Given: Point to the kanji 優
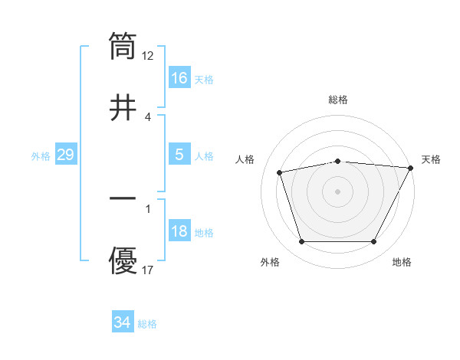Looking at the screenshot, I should click(x=123, y=260).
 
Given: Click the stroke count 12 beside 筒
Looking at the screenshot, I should click(x=148, y=55).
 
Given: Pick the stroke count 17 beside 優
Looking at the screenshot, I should click(x=148, y=270).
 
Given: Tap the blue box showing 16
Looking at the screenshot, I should click(x=179, y=77).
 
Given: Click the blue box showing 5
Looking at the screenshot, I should click(x=179, y=154).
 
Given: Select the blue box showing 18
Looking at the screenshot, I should click(x=179, y=231).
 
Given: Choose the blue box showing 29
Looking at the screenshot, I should click(x=65, y=155).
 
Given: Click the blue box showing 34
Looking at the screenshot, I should click(x=123, y=322).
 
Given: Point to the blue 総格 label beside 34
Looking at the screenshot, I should click(x=147, y=324).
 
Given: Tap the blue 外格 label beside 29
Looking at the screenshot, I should click(x=41, y=155).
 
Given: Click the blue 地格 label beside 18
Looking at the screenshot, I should click(x=204, y=232).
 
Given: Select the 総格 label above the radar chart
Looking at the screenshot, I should click(x=338, y=100).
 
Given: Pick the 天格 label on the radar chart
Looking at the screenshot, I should click(x=431, y=159).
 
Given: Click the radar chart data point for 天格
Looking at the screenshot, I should click(x=411, y=168).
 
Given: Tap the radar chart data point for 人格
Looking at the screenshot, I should click(x=280, y=172).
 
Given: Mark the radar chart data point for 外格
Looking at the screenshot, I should click(x=301, y=242).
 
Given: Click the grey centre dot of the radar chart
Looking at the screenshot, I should click(x=338, y=191).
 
